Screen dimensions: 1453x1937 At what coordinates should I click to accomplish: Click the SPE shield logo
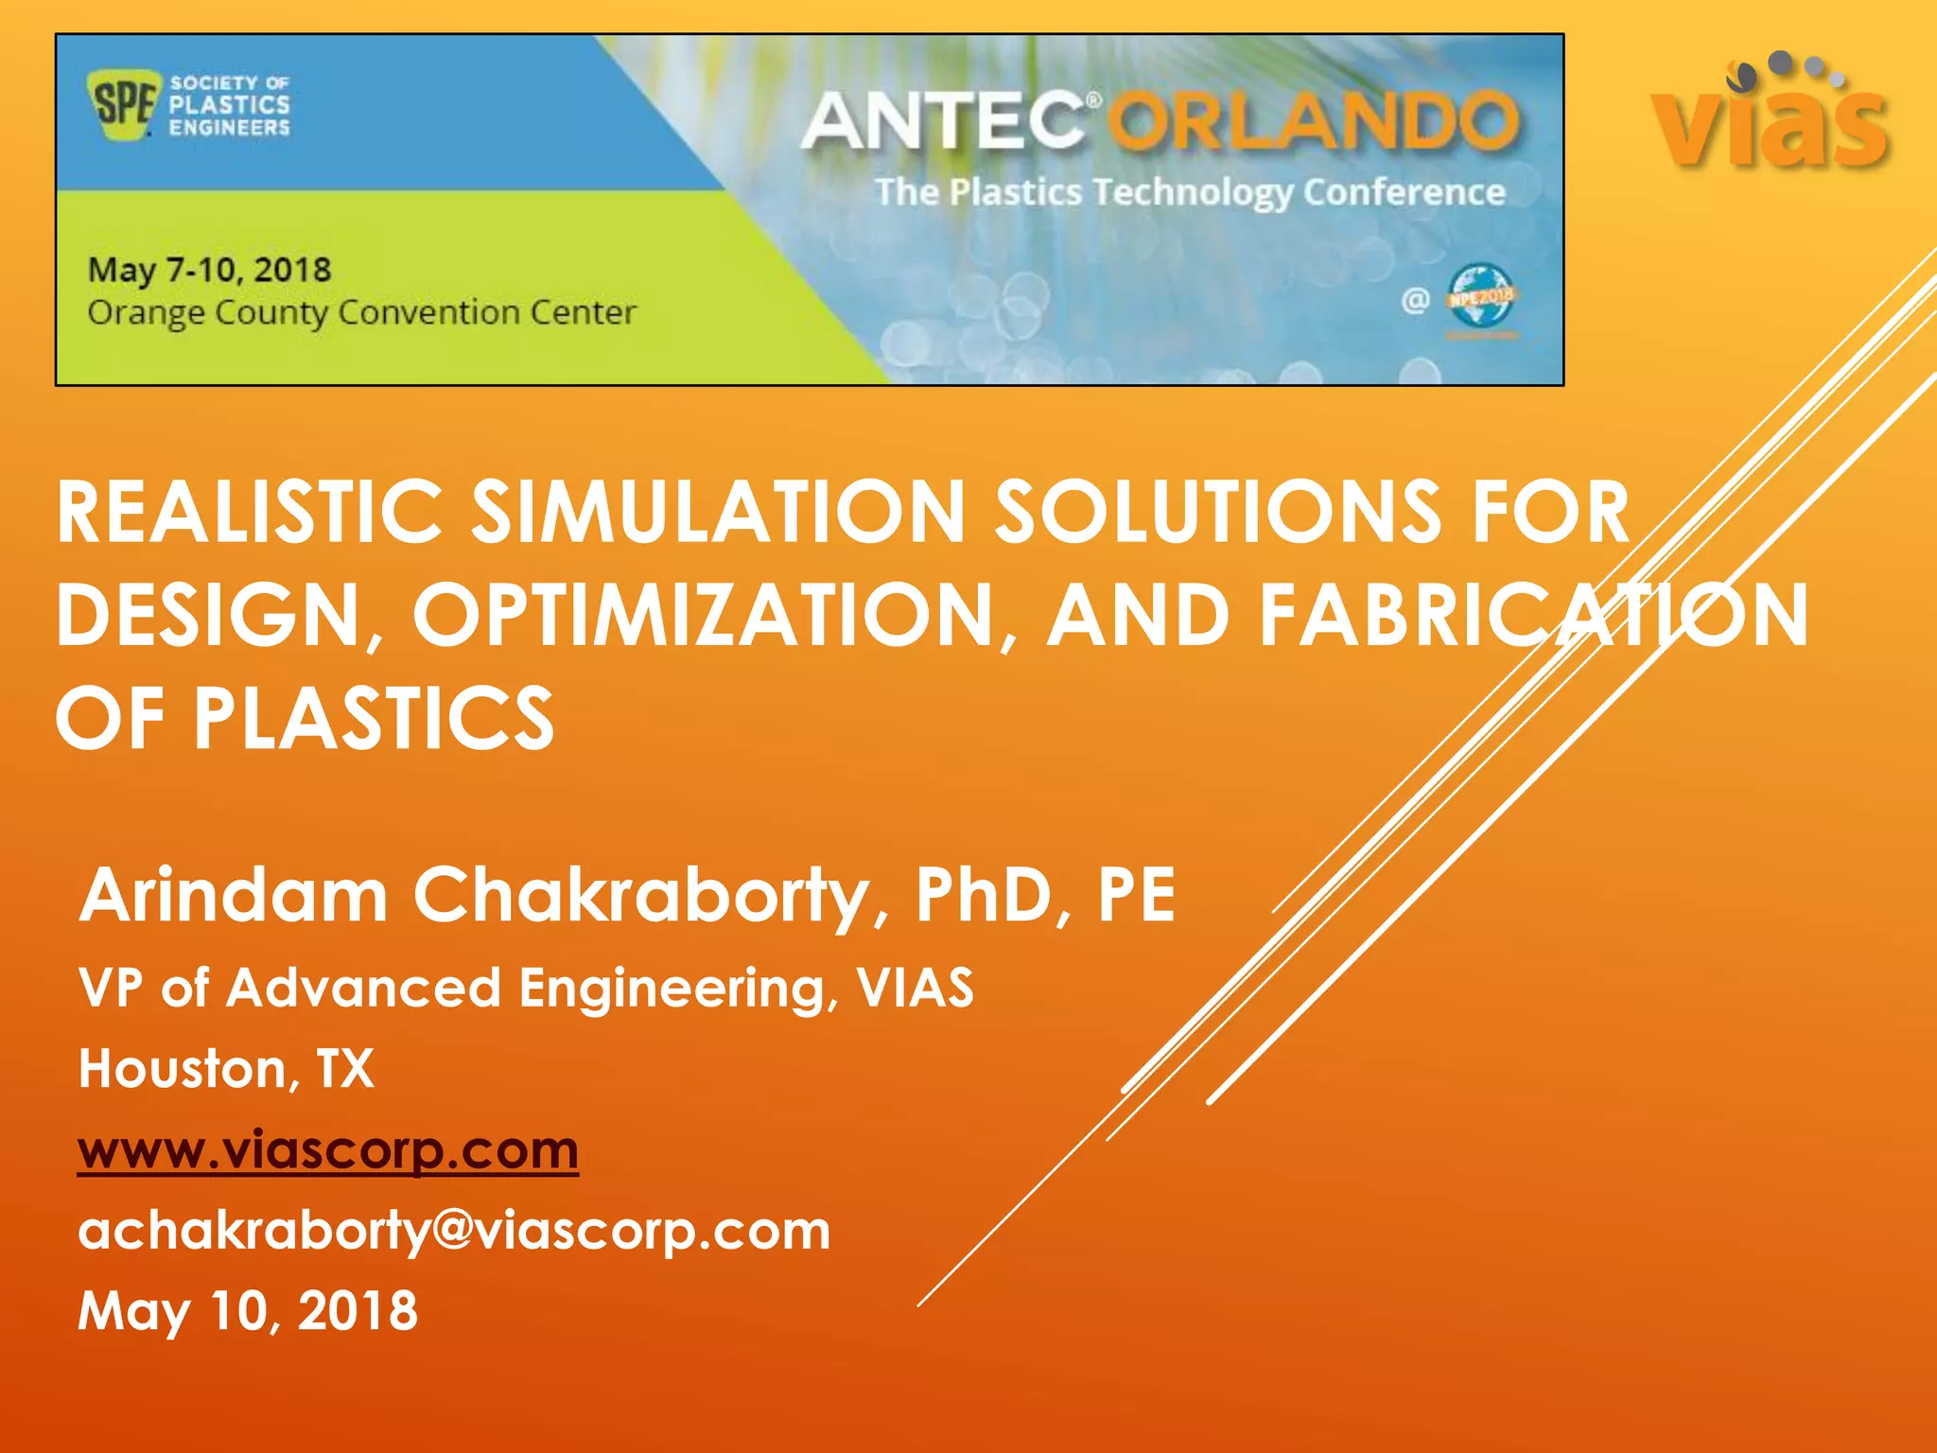click(x=120, y=104)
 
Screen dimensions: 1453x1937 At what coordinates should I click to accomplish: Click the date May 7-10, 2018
click(x=209, y=271)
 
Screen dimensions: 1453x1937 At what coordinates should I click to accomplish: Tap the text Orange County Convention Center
click(x=361, y=312)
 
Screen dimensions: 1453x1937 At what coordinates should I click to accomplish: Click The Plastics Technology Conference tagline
click(x=1190, y=192)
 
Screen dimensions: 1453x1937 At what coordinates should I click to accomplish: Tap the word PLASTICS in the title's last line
click(x=374, y=718)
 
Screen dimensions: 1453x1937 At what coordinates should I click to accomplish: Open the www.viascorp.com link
click(x=328, y=1150)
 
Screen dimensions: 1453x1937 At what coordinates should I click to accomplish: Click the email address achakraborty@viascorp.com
click(x=454, y=1231)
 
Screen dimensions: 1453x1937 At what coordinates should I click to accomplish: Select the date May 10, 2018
click(x=248, y=1311)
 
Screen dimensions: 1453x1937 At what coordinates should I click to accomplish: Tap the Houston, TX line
click(x=226, y=1069)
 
